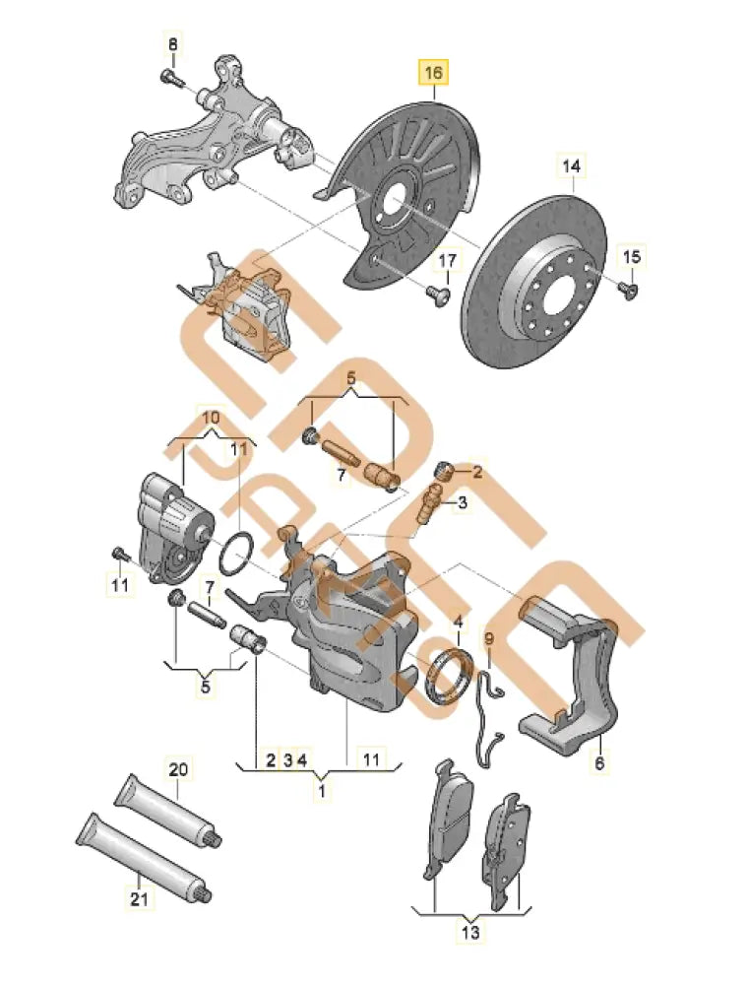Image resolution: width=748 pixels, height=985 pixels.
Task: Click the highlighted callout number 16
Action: [x=434, y=72]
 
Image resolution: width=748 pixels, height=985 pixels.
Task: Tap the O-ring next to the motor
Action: [x=236, y=555]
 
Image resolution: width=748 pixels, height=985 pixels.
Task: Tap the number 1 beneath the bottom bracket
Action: [x=320, y=790]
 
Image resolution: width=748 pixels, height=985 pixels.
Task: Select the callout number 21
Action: [x=139, y=899]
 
